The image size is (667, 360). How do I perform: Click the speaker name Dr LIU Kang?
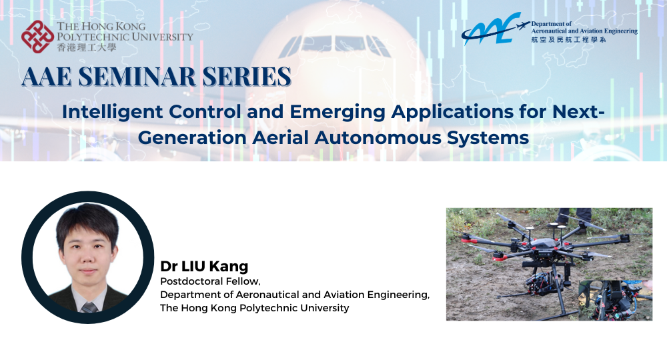(x=204, y=266)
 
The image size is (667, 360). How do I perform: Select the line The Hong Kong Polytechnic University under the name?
(x=254, y=308)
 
